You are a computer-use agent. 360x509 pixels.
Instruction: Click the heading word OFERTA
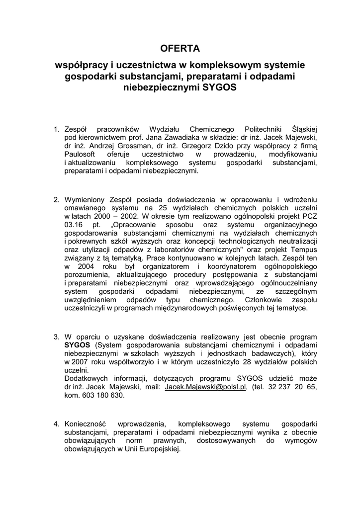180,49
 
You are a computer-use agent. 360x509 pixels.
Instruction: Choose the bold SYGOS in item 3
77,345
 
